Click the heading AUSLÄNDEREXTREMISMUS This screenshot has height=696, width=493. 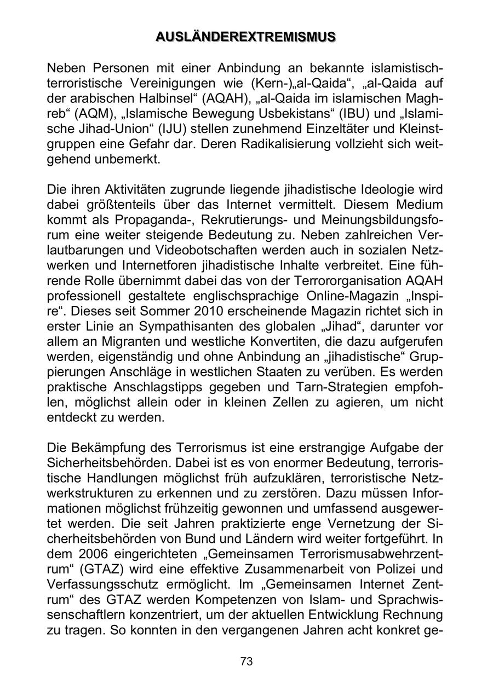[246, 37]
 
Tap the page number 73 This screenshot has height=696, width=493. [246, 661]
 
